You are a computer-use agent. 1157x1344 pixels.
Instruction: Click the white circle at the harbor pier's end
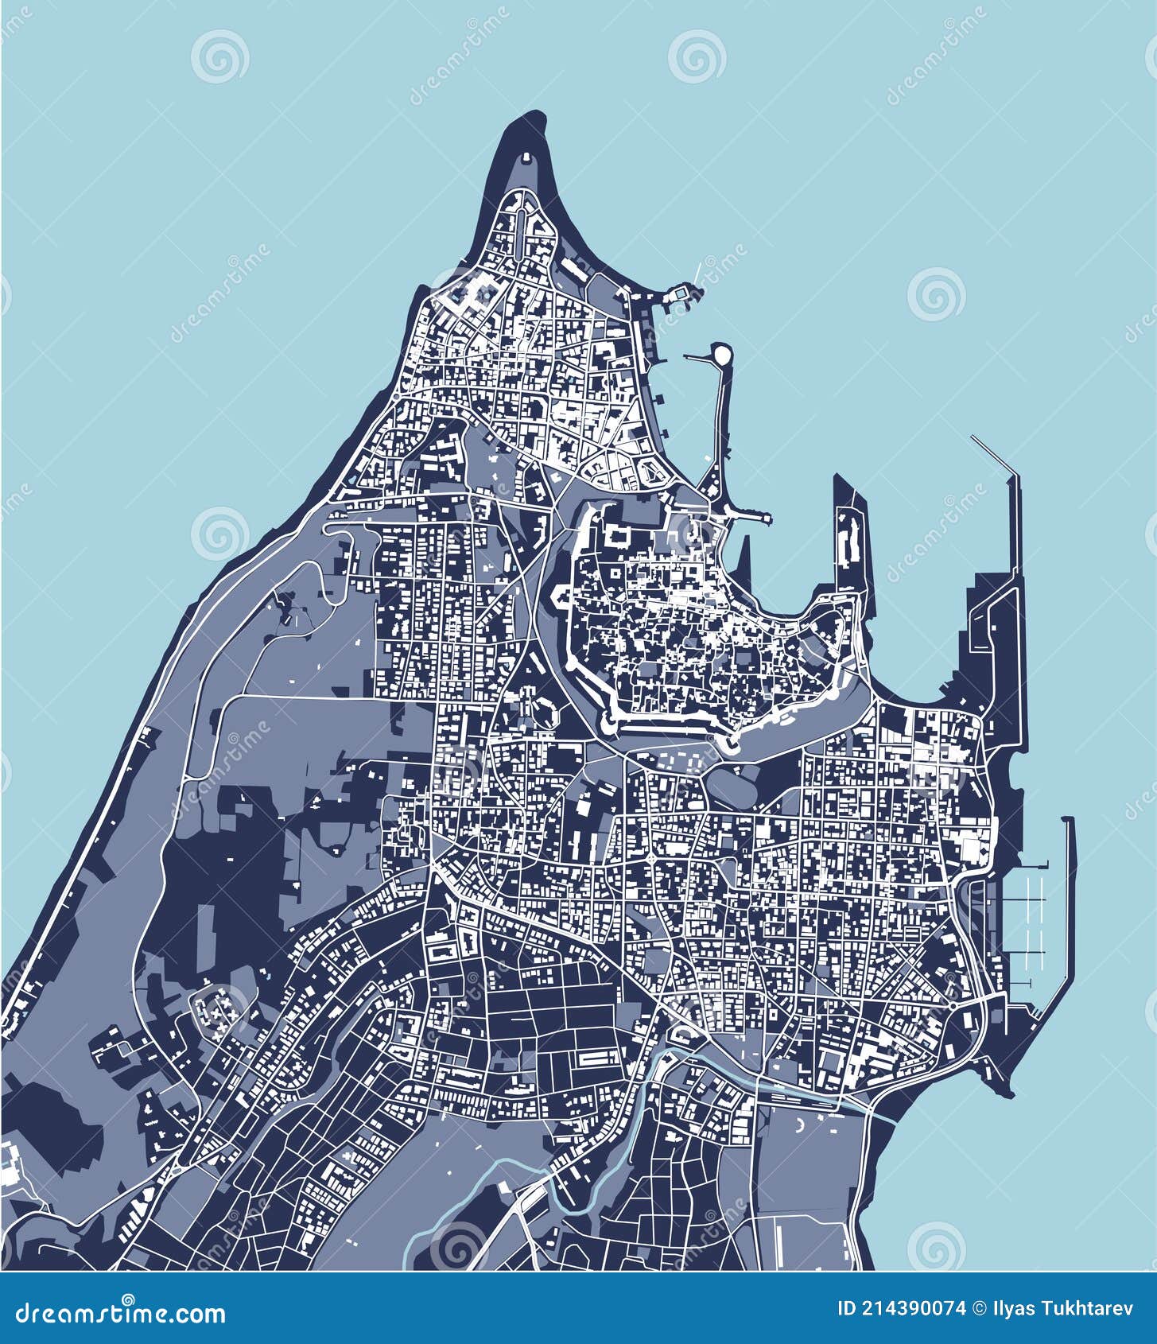tap(721, 355)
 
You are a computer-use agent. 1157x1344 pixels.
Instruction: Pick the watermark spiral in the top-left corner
tap(219, 56)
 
